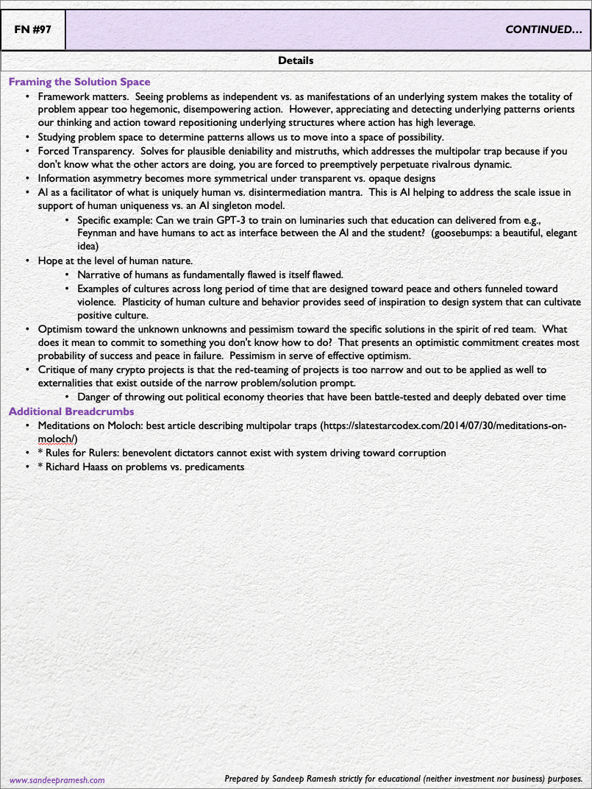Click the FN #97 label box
click(x=33, y=30)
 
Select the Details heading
click(x=296, y=60)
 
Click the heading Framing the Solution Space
click(x=79, y=82)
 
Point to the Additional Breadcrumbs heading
click(x=71, y=411)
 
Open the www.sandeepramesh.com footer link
click(x=57, y=779)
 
